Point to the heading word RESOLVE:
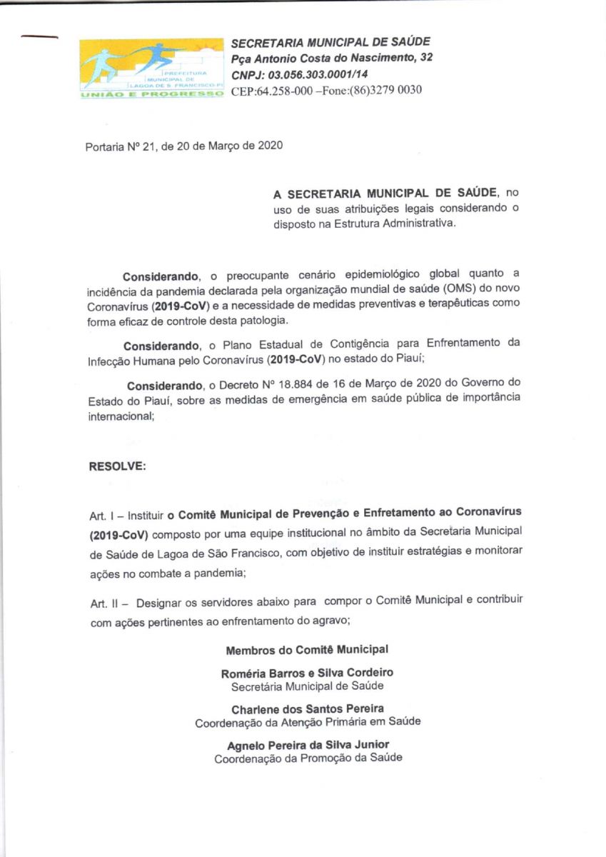point(117,466)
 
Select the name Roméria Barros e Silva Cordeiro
point(308,673)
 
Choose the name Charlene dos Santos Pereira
point(308,708)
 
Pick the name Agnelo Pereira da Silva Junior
point(308,745)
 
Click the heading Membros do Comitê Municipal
point(307,650)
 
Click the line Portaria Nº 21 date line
point(183,147)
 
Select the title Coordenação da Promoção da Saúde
point(308,758)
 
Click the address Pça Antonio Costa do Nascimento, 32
point(332,58)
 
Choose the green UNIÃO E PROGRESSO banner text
point(151,94)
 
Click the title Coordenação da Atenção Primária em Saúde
point(308,722)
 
